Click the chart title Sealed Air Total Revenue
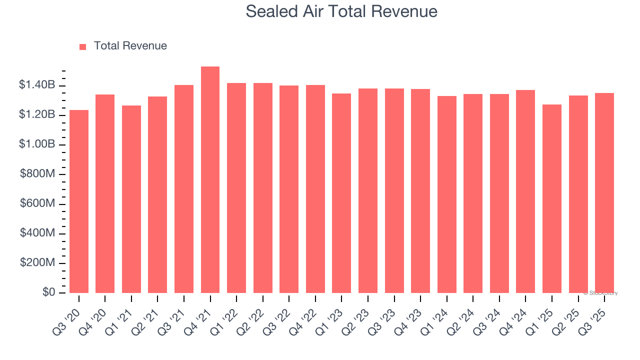point(341,11)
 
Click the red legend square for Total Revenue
point(83,46)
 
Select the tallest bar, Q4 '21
point(210,180)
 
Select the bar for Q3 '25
point(604,193)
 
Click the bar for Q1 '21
point(131,199)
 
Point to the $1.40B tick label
point(37,85)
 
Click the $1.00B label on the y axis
point(37,144)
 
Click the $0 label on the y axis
point(48,292)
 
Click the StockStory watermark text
point(600,293)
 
